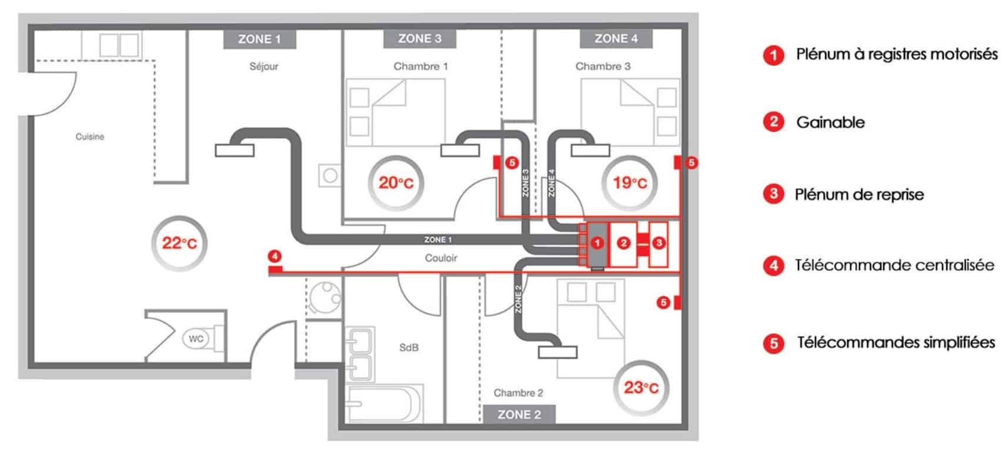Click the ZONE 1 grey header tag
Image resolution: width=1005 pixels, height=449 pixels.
(x=260, y=39)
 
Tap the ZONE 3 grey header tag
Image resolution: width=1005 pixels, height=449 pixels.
(x=420, y=39)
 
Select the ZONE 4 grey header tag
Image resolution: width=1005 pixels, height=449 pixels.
(x=616, y=39)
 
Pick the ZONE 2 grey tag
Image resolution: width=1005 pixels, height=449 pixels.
(x=519, y=414)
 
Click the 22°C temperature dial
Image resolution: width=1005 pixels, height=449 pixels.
(x=179, y=244)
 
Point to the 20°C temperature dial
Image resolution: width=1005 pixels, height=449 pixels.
(x=396, y=183)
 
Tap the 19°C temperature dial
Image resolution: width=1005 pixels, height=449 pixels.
(x=630, y=183)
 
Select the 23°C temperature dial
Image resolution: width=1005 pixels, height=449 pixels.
(x=641, y=388)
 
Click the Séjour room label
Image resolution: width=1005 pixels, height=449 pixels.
(x=264, y=66)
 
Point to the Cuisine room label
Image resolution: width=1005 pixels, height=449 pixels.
(x=90, y=137)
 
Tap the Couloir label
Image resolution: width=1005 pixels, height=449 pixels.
(x=441, y=258)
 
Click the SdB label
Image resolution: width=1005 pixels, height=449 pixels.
(x=409, y=348)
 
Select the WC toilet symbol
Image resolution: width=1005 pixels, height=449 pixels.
(x=196, y=338)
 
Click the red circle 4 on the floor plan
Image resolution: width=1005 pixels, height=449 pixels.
(x=275, y=257)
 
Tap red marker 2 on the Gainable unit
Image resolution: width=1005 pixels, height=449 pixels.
(x=623, y=243)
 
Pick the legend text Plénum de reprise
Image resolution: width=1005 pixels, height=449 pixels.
(x=859, y=195)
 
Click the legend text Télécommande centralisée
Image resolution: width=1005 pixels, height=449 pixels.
(x=894, y=265)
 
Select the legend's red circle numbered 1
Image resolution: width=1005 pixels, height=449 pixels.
(x=773, y=55)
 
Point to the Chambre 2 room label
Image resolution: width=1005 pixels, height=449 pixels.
(x=518, y=393)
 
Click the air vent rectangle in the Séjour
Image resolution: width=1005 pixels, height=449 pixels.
(x=235, y=151)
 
